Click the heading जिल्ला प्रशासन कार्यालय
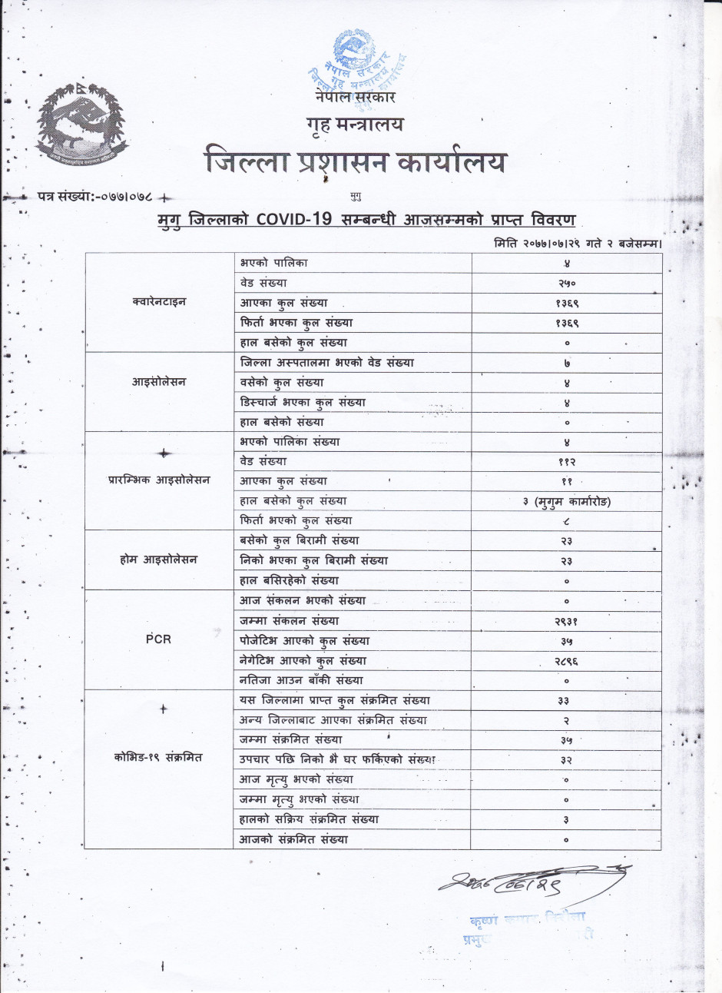(356, 162)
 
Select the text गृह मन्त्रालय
(354, 124)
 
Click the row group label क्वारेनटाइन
(159, 302)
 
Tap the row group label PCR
(158, 639)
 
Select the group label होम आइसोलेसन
(158, 560)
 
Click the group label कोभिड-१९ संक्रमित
(160, 757)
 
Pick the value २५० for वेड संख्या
(566, 283)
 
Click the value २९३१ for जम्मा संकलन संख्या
(566, 621)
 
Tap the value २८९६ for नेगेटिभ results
(566, 660)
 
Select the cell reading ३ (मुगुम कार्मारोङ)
(566, 501)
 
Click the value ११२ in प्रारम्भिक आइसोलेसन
(566, 462)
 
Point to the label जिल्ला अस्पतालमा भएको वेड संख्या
(327, 363)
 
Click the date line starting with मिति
(578, 243)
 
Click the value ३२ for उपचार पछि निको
(566, 759)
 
